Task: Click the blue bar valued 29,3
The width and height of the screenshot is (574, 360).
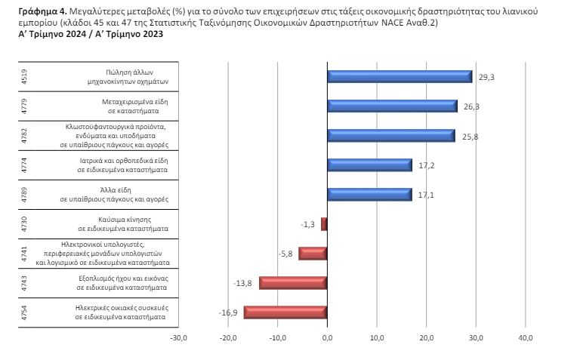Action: [x=400, y=76]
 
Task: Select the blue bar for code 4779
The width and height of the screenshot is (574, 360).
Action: [x=392, y=106]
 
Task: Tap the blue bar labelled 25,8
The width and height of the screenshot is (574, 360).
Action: [x=390, y=135]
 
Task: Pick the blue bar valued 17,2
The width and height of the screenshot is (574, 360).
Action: [x=369, y=165]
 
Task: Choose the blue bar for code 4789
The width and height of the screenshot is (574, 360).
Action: [x=369, y=194]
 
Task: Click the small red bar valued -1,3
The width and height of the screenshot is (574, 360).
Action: [x=324, y=223]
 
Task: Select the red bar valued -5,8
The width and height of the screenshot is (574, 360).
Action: [x=313, y=253]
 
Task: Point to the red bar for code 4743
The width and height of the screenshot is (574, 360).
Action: [x=293, y=282]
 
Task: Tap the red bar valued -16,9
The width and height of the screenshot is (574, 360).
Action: [x=285, y=312]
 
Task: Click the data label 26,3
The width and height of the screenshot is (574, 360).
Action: [x=471, y=106]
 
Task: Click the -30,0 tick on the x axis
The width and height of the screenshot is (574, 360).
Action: [x=178, y=337]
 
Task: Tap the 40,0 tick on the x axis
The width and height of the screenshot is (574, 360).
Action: [x=526, y=337]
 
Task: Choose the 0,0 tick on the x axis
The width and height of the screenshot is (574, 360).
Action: [x=327, y=337]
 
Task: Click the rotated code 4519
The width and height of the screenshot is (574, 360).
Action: [x=25, y=76]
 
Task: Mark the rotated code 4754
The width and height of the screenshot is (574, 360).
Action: [x=25, y=312]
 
